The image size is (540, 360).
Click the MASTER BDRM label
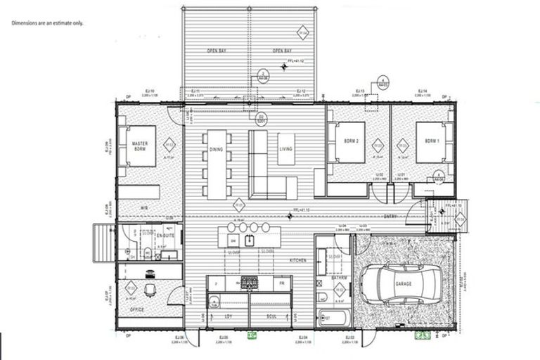pyautogui.click(x=143, y=147)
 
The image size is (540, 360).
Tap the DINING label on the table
pyautogui.click(x=216, y=150)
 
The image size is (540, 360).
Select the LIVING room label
pyautogui.click(x=285, y=149)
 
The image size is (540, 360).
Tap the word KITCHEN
pyautogui.click(x=298, y=260)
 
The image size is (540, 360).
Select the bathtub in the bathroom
pyautogui.click(x=333, y=317)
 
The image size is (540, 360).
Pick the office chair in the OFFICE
pyautogui.click(x=149, y=288)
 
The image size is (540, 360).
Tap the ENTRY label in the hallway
pyautogui.click(x=391, y=217)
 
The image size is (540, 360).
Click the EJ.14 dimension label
pyautogui.click(x=422, y=91)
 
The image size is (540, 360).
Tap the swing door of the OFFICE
pyautogui.click(x=176, y=295)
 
